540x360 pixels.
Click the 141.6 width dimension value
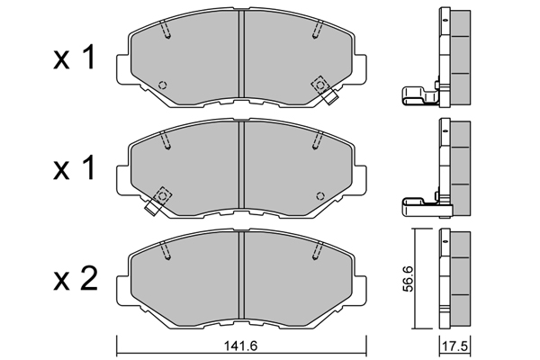(240, 346)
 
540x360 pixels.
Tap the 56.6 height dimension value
(409, 279)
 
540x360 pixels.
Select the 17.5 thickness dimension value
(454, 346)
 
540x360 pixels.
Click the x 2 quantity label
(76, 279)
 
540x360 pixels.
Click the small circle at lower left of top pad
(162, 85)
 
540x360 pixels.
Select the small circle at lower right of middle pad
(320, 196)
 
